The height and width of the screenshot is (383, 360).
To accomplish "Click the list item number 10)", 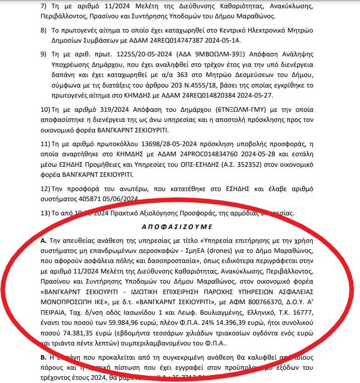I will pos(45,110).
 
